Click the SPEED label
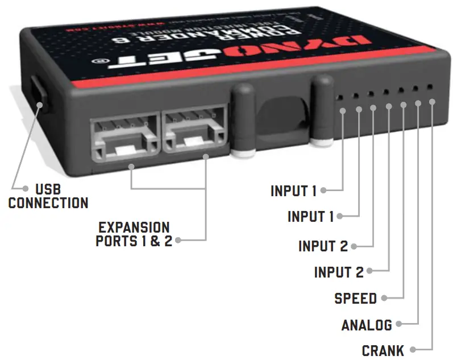[x=355, y=298]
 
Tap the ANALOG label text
[x=367, y=325]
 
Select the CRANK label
[x=383, y=350]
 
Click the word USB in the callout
[x=48, y=189]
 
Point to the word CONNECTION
[x=48, y=203]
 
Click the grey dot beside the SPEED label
[x=384, y=297]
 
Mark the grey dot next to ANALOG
[x=398, y=325]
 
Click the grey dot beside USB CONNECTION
[x=26, y=189]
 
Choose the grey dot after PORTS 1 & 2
[x=178, y=240]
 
